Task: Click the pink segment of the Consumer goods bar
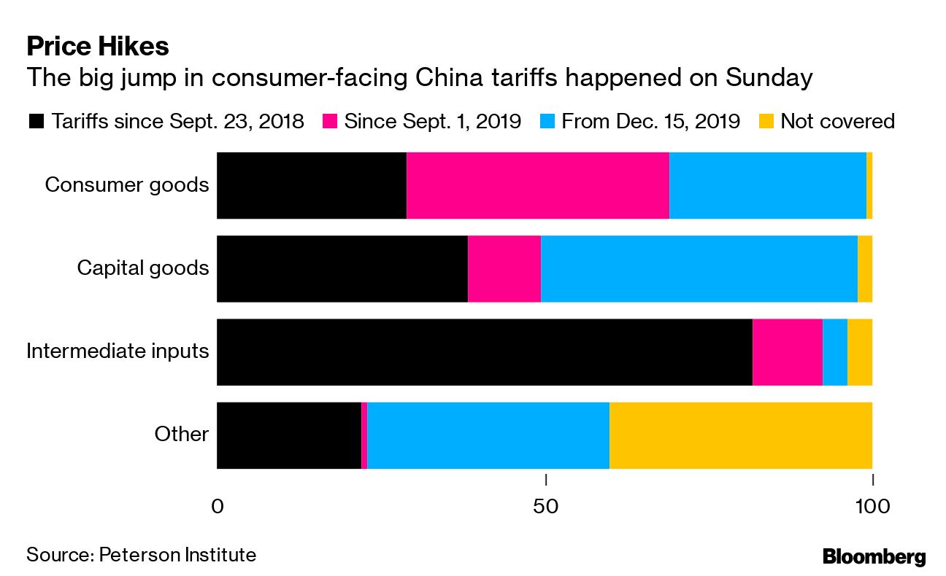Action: click(x=537, y=185)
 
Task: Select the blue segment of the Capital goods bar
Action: click(x=699, y=268)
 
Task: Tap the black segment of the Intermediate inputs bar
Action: click(x=484, y=351)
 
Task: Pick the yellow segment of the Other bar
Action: click(x=740, y=435)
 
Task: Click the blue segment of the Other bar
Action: click(x=488, y=435)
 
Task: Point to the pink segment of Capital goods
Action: click(x=504, y=268)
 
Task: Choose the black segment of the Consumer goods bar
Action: click(x=312, y=185)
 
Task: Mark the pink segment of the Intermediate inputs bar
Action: click(x=787, y=351)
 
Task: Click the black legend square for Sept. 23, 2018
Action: click(x=36, y=121)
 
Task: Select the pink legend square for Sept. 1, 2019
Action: click(x=329, y=121)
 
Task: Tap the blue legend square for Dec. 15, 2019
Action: click(x=547, y=121)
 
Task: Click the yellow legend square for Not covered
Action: click(x=766, y=121)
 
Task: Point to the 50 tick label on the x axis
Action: click(x=546, y=505)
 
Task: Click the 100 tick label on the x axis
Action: click(x=872, y=505)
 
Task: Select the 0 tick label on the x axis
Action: click(x=217, y=505)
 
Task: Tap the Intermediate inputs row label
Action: click(x=118, y=351)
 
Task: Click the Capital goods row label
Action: click(x=143, y=268)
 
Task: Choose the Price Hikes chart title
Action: click(x=98, y=47)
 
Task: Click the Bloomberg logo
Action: click(x=874, y=557)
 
